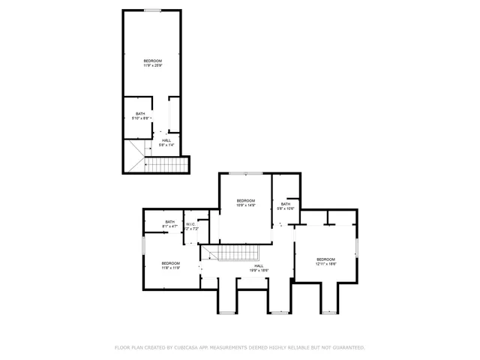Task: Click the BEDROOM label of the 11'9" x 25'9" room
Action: point(152,61)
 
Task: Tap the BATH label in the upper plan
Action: point(140,114)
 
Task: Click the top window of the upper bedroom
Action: point(152,10)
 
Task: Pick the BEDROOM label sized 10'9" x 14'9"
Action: point(246,200)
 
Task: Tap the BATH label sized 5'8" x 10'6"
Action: point(286,204)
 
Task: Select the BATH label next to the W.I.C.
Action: point(170,221)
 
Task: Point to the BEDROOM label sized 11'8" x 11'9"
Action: point(170,262)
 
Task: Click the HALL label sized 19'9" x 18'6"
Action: point(259,265)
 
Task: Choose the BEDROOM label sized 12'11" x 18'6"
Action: point(326,259)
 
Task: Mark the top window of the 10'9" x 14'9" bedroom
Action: point(245,173)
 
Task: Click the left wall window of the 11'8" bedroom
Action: point(143,248)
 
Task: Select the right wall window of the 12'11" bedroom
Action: point(359,247)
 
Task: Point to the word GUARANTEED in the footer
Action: point(347,348)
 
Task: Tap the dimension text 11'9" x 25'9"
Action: point(152,65)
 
